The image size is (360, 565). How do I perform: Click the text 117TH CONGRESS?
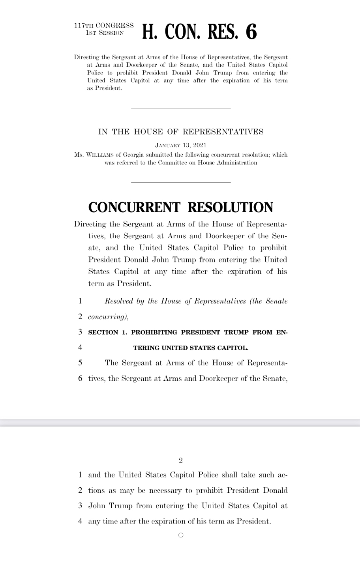[104, 26]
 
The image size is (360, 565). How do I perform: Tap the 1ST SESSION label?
[105, 33]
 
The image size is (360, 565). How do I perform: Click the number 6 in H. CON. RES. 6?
[251, 32]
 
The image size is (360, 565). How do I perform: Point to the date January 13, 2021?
[181, 146]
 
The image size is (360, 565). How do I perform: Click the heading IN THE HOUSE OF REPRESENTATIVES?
[181, 132]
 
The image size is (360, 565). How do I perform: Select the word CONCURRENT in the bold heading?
[134, 208]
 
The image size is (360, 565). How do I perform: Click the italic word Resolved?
[119, 301]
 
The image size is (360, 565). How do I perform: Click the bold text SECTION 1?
[107, 332]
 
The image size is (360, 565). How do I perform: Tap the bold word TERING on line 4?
[146, 348]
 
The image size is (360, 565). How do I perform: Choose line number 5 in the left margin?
[80, 363]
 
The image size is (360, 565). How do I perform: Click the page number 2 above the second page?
[181, 460]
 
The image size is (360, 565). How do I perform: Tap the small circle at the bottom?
[181, 535]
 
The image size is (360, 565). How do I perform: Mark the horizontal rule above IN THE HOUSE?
[181, 109]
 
